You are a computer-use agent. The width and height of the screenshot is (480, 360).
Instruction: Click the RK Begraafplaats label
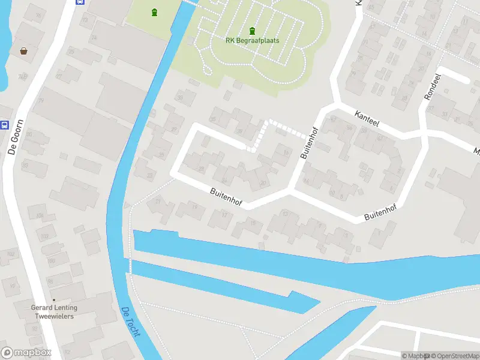point(252,41)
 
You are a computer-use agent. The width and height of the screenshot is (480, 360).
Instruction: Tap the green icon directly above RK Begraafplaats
point(252,31)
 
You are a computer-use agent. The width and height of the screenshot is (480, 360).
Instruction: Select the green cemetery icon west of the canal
point(155,12)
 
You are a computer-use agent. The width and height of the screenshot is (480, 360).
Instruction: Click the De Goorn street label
point(12,142)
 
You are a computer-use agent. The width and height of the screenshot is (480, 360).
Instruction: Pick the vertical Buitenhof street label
point(308,143)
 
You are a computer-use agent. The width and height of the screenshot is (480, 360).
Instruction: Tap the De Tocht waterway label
point(130,322)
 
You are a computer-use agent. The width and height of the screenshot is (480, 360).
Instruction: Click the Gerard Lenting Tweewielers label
point(53,312)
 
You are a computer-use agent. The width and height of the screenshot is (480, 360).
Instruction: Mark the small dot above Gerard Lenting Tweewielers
point(53,300)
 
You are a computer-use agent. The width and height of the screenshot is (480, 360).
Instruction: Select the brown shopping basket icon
point(24,51)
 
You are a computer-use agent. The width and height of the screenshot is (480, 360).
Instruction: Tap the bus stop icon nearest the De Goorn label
point(5,125)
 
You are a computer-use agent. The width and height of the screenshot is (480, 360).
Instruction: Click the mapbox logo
point(26,353)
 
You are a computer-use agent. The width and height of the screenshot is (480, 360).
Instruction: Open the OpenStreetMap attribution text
point(454,356)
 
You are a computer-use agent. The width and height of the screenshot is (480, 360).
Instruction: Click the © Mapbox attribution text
point(415,356)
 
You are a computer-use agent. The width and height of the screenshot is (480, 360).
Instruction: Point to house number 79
point(41,100)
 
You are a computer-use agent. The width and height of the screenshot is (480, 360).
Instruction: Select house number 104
point(40,215)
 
